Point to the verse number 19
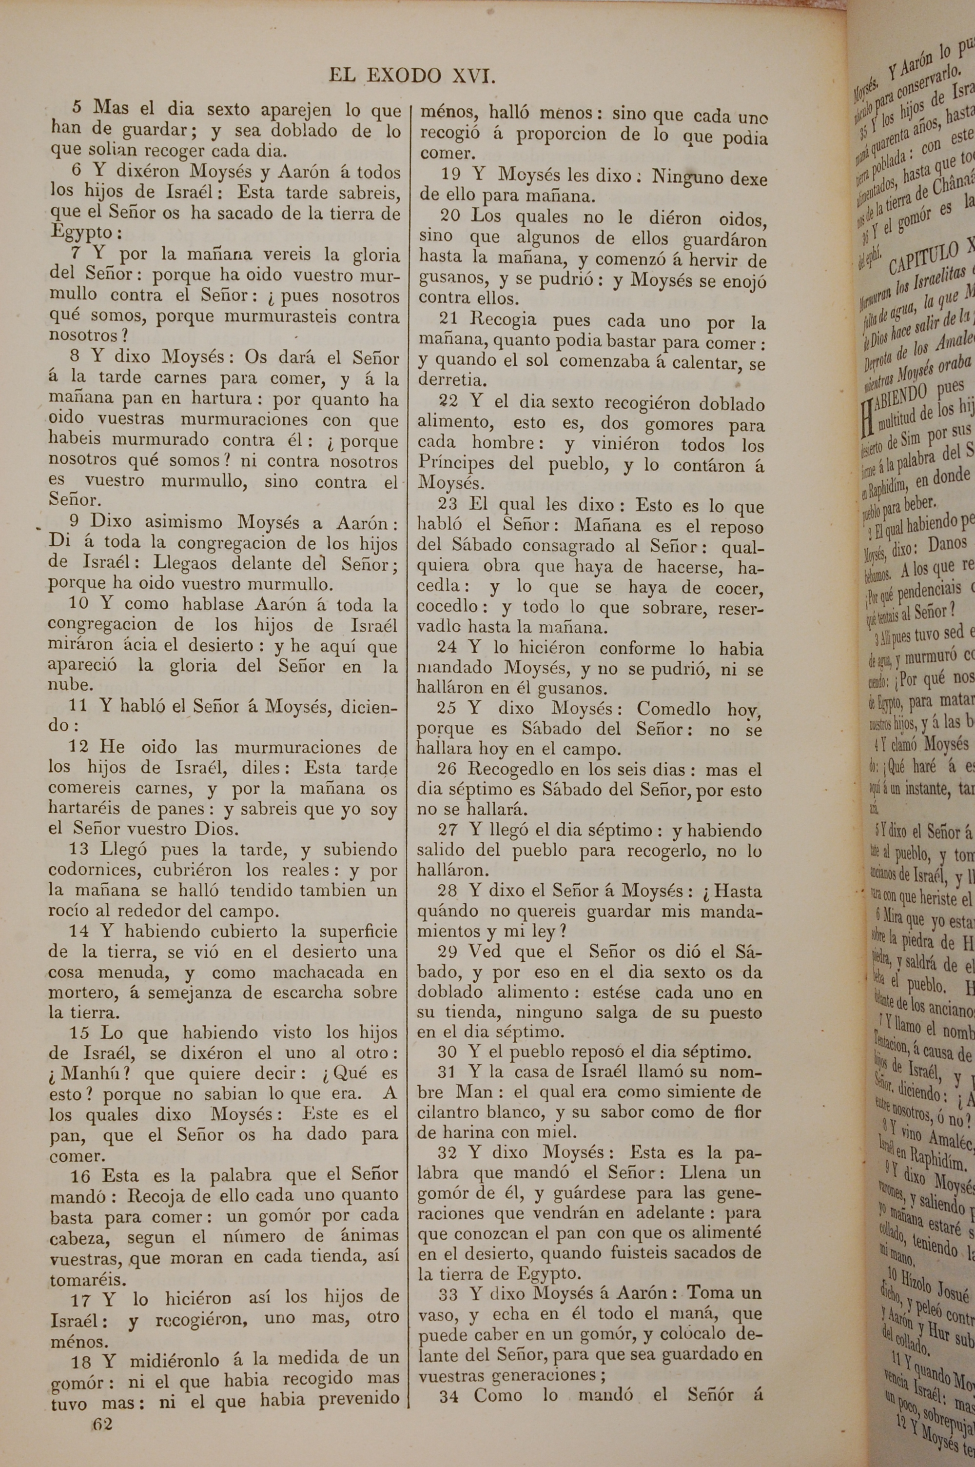pyautogui.click(x=451, y=176)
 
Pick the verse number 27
pyautogui.click(x=448, y=830)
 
